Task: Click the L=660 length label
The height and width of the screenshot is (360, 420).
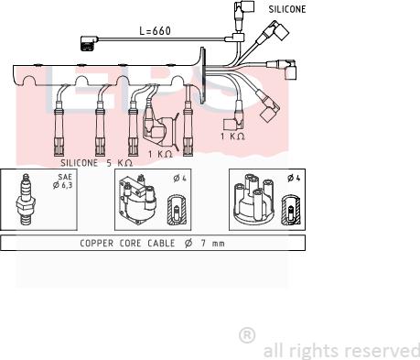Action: (155, 30)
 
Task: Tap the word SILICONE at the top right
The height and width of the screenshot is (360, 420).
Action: (287, 9)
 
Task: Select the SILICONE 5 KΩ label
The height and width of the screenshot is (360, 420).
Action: (96, 163)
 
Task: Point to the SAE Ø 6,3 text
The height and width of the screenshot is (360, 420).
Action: (63, 181)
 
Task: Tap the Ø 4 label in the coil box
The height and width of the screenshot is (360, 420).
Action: (179, 179)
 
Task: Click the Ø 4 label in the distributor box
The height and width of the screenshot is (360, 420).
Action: (294, 178)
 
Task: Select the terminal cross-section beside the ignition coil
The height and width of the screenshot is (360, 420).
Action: (177, 210)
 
